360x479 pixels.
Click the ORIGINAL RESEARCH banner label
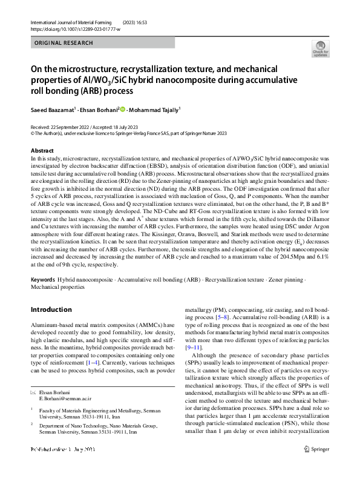(64, 43)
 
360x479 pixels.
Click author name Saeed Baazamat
(53, 110)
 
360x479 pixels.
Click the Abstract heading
(42, 150)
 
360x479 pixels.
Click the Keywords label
(43, 280)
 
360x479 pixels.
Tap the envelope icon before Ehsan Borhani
(33, 393)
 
